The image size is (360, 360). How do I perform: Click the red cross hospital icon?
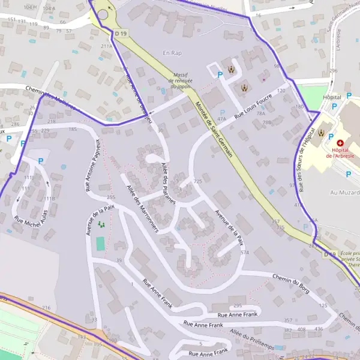pos(341,143)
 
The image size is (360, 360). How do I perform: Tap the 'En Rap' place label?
pos(172,53)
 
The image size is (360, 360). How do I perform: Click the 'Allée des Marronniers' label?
pos(142,208)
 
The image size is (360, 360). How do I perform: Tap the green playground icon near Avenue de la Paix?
pos(101,224)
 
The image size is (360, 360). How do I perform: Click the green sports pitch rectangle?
pos(100,244)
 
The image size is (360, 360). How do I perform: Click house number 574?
pos(244,253)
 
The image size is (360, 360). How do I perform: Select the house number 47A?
pos(221,119)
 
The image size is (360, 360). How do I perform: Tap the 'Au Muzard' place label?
pos(344,193)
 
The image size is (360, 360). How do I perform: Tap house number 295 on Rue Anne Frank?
pos(237,305)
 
